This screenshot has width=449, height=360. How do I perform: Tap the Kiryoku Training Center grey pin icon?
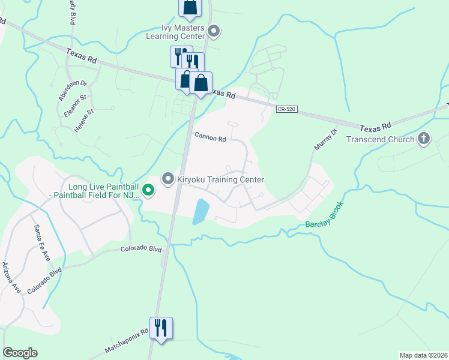tap(169, 179)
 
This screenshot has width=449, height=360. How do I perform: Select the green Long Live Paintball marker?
tap(148, 191)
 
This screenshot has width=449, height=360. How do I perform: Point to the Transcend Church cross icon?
tap(424, 139)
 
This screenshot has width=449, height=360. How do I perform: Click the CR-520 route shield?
tap(286, 109)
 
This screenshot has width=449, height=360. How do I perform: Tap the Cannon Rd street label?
tap(210, 137)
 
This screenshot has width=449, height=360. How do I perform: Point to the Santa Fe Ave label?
tap(42, 242)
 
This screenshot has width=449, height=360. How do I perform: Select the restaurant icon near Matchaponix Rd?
tap(161, 328)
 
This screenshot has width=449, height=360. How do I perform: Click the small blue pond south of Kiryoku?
tap(200, 212)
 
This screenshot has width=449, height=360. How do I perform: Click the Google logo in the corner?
tap(20, 353)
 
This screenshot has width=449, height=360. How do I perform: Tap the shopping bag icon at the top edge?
tap(190, 7)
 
